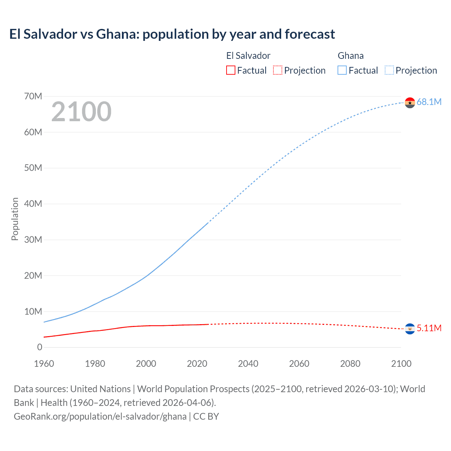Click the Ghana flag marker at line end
410,103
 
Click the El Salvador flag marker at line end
410,329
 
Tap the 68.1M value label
429,102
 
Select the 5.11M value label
429,328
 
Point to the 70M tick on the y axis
33,96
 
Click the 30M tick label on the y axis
33,240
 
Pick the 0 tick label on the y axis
39,347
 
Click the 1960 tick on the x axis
44,364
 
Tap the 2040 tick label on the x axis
248,364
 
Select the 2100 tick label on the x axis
401,364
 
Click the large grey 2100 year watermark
81,112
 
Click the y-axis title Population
15,219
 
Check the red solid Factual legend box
230,70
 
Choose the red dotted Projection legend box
278,70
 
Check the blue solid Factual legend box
342,70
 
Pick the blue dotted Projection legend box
389,70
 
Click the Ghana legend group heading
351,56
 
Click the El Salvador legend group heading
248,56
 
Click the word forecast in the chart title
310,34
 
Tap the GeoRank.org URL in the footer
100,416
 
